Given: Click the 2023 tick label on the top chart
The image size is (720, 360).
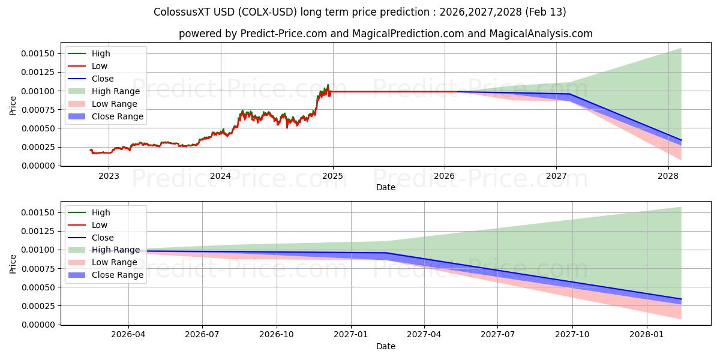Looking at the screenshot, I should tap(109, 175).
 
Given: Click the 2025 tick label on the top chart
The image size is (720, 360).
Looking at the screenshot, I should tap(332, 175).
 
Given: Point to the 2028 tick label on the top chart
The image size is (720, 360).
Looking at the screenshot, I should tap(668, 175).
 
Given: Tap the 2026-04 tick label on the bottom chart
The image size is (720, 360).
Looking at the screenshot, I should tap(128, 334).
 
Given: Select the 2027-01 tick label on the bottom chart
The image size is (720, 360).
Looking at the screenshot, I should tap(350, 334).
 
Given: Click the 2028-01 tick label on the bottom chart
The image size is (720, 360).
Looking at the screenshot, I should tap(647, 334).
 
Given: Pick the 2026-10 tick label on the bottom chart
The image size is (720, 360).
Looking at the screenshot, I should tap(277, 334).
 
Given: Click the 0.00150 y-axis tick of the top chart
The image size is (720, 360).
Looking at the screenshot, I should tap(38, 54).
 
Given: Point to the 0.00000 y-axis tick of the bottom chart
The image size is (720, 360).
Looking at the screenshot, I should tap(38, 325).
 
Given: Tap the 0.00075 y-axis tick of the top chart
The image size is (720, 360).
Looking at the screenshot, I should tap(38, 110).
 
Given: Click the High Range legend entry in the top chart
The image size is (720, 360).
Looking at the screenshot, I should tap(115, 91).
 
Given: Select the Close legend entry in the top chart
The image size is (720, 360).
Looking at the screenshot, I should tap(103, 79).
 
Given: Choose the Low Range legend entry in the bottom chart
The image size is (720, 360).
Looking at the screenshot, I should tap(114, 262).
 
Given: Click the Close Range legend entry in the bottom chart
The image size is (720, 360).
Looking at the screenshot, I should tap(117, 275).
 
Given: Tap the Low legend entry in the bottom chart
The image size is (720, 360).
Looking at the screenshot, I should tap(100, 225).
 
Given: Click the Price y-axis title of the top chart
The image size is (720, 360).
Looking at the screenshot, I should tap(13, 106).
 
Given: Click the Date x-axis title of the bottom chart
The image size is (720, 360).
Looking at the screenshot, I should tap(385, 346).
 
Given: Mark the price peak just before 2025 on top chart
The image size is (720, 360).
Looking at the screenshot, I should tap(328, 85).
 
